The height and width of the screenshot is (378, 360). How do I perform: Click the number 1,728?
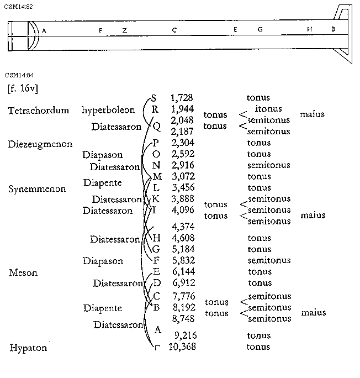click(x=182, y=98)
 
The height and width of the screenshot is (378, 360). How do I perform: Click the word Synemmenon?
click(x=37, y=188)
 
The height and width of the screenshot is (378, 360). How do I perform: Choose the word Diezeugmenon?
click(x=40, y=144)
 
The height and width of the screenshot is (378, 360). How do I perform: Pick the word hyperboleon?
click(x=108, y=110)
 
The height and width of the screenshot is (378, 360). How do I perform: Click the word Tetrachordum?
click(x=39, y=110)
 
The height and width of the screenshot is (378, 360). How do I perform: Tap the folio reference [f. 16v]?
click(x=23, y=88)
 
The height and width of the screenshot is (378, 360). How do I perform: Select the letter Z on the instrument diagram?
click(x=125, y=30)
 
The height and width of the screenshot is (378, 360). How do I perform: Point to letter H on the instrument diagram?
click(x=310, y=29)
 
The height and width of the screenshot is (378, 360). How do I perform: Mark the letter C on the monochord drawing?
click(x=174, y=30)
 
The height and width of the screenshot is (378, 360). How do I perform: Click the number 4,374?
click(x=183, y=227)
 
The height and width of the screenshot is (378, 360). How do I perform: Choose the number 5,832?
click(x=183, y=260)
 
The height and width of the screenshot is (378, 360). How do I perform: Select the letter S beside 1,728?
click(x=153, y=98)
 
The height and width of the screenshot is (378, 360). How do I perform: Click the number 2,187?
click(x=182, y=131)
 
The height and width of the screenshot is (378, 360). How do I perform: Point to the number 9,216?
click(x=186, y=335)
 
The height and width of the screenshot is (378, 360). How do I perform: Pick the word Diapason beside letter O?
click(x=103, y=155)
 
